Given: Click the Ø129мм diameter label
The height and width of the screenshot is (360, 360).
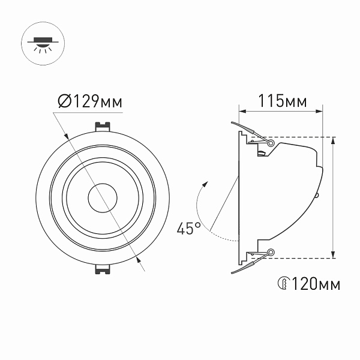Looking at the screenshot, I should point(90,101).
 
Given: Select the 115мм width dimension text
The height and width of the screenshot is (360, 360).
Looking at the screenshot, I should point(281,101).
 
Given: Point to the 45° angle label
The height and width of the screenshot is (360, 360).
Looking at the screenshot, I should point(188,228).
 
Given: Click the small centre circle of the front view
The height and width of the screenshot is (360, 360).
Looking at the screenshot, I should point(103,197).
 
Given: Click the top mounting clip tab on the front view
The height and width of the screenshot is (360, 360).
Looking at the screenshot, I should point(103,127).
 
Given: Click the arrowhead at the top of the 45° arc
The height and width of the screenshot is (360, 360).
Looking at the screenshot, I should point(206,184).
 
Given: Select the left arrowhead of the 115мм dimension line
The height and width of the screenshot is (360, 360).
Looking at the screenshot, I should point(242,111).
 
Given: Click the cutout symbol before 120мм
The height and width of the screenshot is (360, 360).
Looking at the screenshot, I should point(283,283).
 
